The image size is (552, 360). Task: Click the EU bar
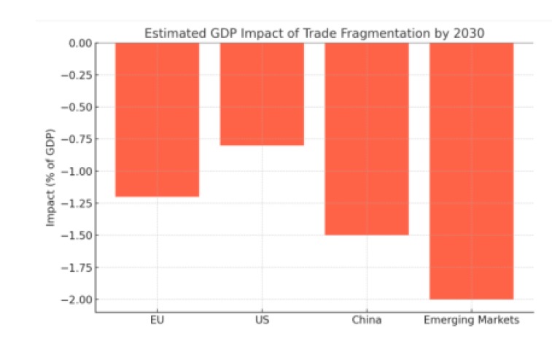click(157, 120)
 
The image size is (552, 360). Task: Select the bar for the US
click(262, 94)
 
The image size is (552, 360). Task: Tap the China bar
click(366, 138)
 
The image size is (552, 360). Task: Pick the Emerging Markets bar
click(471, 171)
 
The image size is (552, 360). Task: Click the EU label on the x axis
click(157, 320)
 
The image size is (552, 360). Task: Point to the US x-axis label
click(262, 320)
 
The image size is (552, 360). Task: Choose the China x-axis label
click(366, 320)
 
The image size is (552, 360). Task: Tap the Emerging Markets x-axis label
click(471, 320)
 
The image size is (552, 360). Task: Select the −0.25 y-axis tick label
click(77, 75)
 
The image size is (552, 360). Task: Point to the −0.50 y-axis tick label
click(77, 107)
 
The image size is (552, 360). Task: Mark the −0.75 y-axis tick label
click(77, 139)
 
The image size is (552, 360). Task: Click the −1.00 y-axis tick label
click(77, 171)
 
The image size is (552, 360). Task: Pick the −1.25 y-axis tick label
click(77, 203)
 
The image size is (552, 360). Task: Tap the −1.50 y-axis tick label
click(77, 235)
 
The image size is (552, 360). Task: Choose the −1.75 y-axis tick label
click(77, 267)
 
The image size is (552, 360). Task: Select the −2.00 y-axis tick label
click(77, 300)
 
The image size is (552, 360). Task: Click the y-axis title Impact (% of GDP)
click(51, 171)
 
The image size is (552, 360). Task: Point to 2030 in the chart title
click(470, 33)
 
